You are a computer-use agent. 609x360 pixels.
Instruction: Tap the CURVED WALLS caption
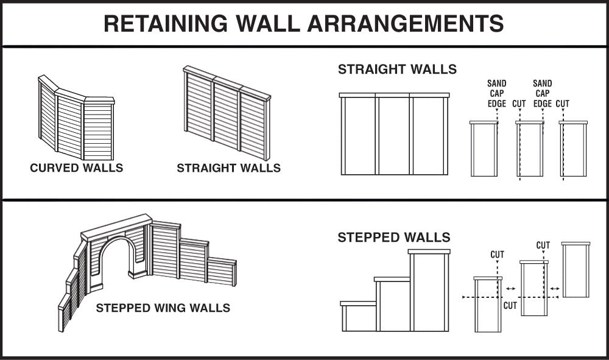pos(76,168)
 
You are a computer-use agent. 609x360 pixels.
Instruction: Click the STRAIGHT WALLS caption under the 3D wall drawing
pos(228,168)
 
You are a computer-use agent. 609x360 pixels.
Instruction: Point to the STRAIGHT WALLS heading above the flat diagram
pos(397,69)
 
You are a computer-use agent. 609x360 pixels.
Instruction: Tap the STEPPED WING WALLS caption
pos(163,308)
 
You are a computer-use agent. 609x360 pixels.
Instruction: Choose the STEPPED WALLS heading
pos(394,237)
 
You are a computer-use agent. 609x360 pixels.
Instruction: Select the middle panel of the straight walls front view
pos(393,135)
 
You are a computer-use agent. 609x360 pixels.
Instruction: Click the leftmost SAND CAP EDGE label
pos(496,93)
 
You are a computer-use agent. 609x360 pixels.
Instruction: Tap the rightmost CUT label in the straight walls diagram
pos(562,104)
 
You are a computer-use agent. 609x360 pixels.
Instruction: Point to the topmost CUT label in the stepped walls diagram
pos(543,245)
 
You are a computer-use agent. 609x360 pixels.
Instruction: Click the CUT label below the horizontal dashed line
pos(510,306)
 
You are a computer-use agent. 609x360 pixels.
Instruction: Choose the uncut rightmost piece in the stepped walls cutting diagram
pos(576,270)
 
